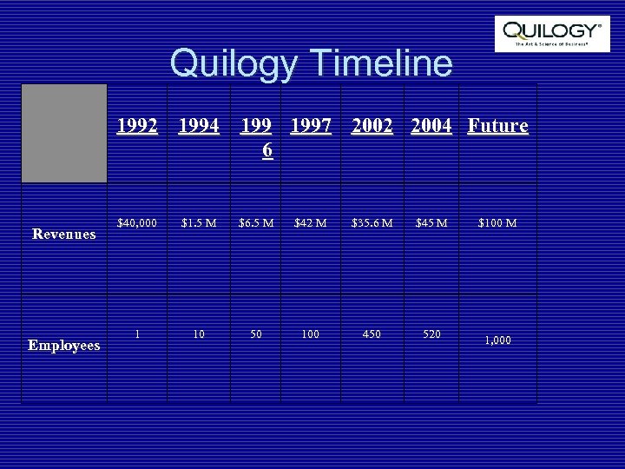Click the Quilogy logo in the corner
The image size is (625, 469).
[551, 33]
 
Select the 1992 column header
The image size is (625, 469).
[138, 126]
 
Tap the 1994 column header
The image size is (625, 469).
[199, 126]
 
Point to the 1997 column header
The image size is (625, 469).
[311, 126]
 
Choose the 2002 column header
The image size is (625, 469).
[373, 126]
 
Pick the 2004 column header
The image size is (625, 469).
[431, 126]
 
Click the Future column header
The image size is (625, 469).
[497, 126]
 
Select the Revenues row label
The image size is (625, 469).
[64, 233]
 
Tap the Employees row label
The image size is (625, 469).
[64, 346]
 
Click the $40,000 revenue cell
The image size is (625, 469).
[138, 223]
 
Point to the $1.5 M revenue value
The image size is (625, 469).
[199, 223]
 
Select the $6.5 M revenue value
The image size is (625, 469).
[256, 223]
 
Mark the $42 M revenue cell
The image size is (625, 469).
[311, 223]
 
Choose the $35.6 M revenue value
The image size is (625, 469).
[372, 223]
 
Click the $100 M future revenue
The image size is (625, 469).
[497, 223]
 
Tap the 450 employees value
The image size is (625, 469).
[372, 334]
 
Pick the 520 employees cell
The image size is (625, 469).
[431, 334]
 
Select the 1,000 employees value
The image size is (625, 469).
[497, 340]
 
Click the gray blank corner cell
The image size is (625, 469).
[64, 133]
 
